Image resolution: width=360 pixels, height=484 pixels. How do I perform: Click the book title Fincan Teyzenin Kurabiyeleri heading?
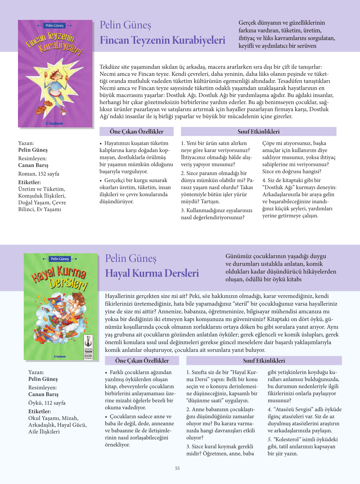[162, 40]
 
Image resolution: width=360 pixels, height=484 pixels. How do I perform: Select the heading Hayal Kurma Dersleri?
[152, 273]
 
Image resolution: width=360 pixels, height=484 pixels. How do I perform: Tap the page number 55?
[177, 468]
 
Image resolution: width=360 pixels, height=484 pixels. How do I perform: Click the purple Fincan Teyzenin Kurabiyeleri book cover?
[55, 74]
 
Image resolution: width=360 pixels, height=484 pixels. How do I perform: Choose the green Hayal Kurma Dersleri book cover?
[61, 307]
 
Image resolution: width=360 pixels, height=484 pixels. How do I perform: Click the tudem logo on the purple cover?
[55, 123]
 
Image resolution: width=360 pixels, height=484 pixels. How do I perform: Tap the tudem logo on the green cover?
[60, 357]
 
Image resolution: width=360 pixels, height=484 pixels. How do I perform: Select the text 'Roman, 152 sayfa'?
[39, 174]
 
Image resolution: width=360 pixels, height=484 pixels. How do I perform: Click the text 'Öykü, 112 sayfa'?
[47, 403]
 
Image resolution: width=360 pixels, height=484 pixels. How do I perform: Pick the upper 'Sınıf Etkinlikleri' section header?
[258, 132]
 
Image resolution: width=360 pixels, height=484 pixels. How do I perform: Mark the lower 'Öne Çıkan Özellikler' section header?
[142, 361]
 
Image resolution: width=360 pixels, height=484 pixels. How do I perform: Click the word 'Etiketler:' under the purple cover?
[30, 182]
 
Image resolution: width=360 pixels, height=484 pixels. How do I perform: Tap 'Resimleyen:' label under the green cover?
[42, 387]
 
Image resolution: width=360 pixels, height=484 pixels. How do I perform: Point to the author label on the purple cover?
[55, 25]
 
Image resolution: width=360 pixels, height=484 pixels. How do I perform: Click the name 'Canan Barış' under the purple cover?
[33, 165]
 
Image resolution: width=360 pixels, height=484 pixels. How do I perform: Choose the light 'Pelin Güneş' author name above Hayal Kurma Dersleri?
[131, 258]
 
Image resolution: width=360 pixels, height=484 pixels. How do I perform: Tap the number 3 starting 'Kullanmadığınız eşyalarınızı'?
[183, 211]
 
